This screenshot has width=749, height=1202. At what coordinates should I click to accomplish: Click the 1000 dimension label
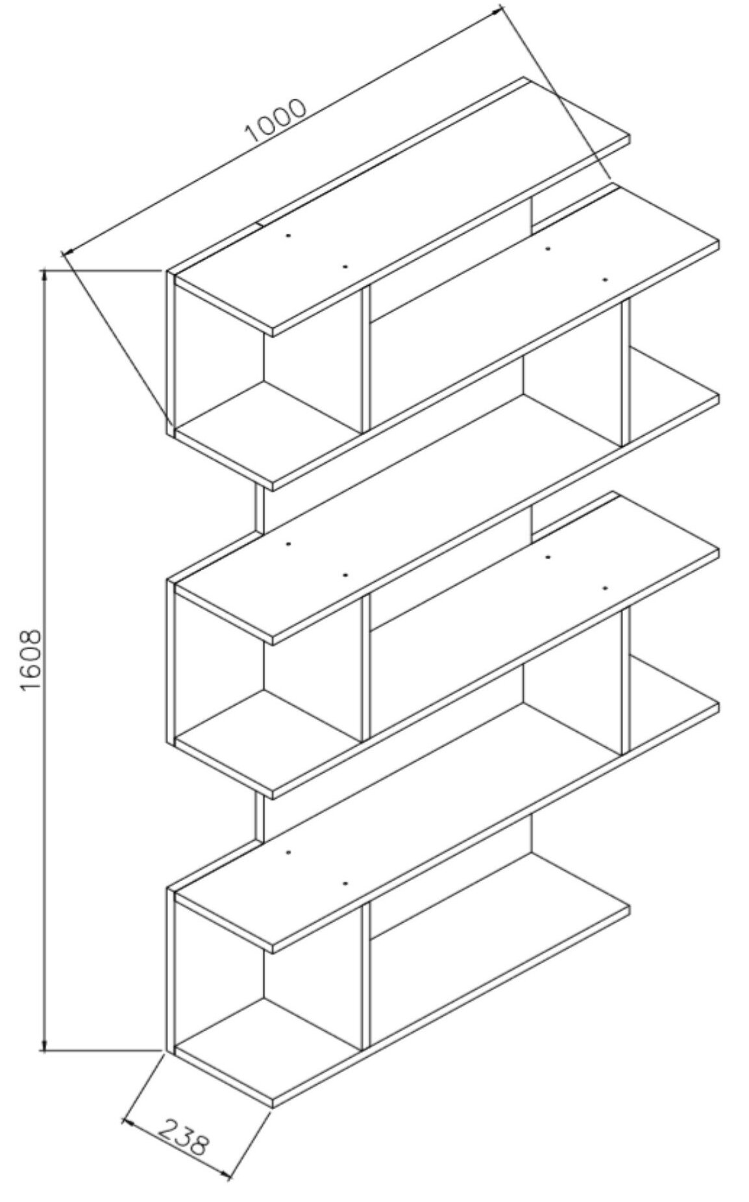click(275, 121)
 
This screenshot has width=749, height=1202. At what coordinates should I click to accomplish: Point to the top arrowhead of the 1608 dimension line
click(44, 275)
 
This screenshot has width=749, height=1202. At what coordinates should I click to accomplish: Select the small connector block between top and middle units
click(260, 510)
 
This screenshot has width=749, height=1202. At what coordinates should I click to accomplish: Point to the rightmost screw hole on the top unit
click(604, 279)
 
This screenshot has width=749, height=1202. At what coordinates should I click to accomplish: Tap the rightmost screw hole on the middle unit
click(604, 588)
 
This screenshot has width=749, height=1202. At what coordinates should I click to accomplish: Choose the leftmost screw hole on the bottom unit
click(288, 851)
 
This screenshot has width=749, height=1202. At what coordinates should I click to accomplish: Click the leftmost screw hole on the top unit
click(288, 234)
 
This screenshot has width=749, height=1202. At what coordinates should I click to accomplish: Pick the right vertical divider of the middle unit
click(626, 681)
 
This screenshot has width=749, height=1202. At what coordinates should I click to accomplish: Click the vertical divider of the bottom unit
click(365, 974)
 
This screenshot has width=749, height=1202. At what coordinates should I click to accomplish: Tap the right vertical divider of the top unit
click(626, 373)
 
